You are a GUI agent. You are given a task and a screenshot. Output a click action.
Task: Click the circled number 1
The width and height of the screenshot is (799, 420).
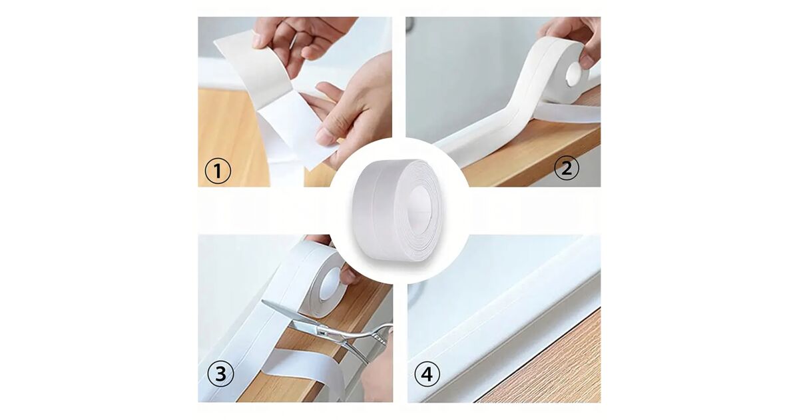[x=218, y=171]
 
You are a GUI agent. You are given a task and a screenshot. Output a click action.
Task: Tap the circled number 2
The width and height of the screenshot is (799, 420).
[x=567, y=168]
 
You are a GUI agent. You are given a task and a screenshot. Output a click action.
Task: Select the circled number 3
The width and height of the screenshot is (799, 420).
[x=220, y=374]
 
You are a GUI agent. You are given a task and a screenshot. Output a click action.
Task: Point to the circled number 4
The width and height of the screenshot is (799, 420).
[x=427, y=375]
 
